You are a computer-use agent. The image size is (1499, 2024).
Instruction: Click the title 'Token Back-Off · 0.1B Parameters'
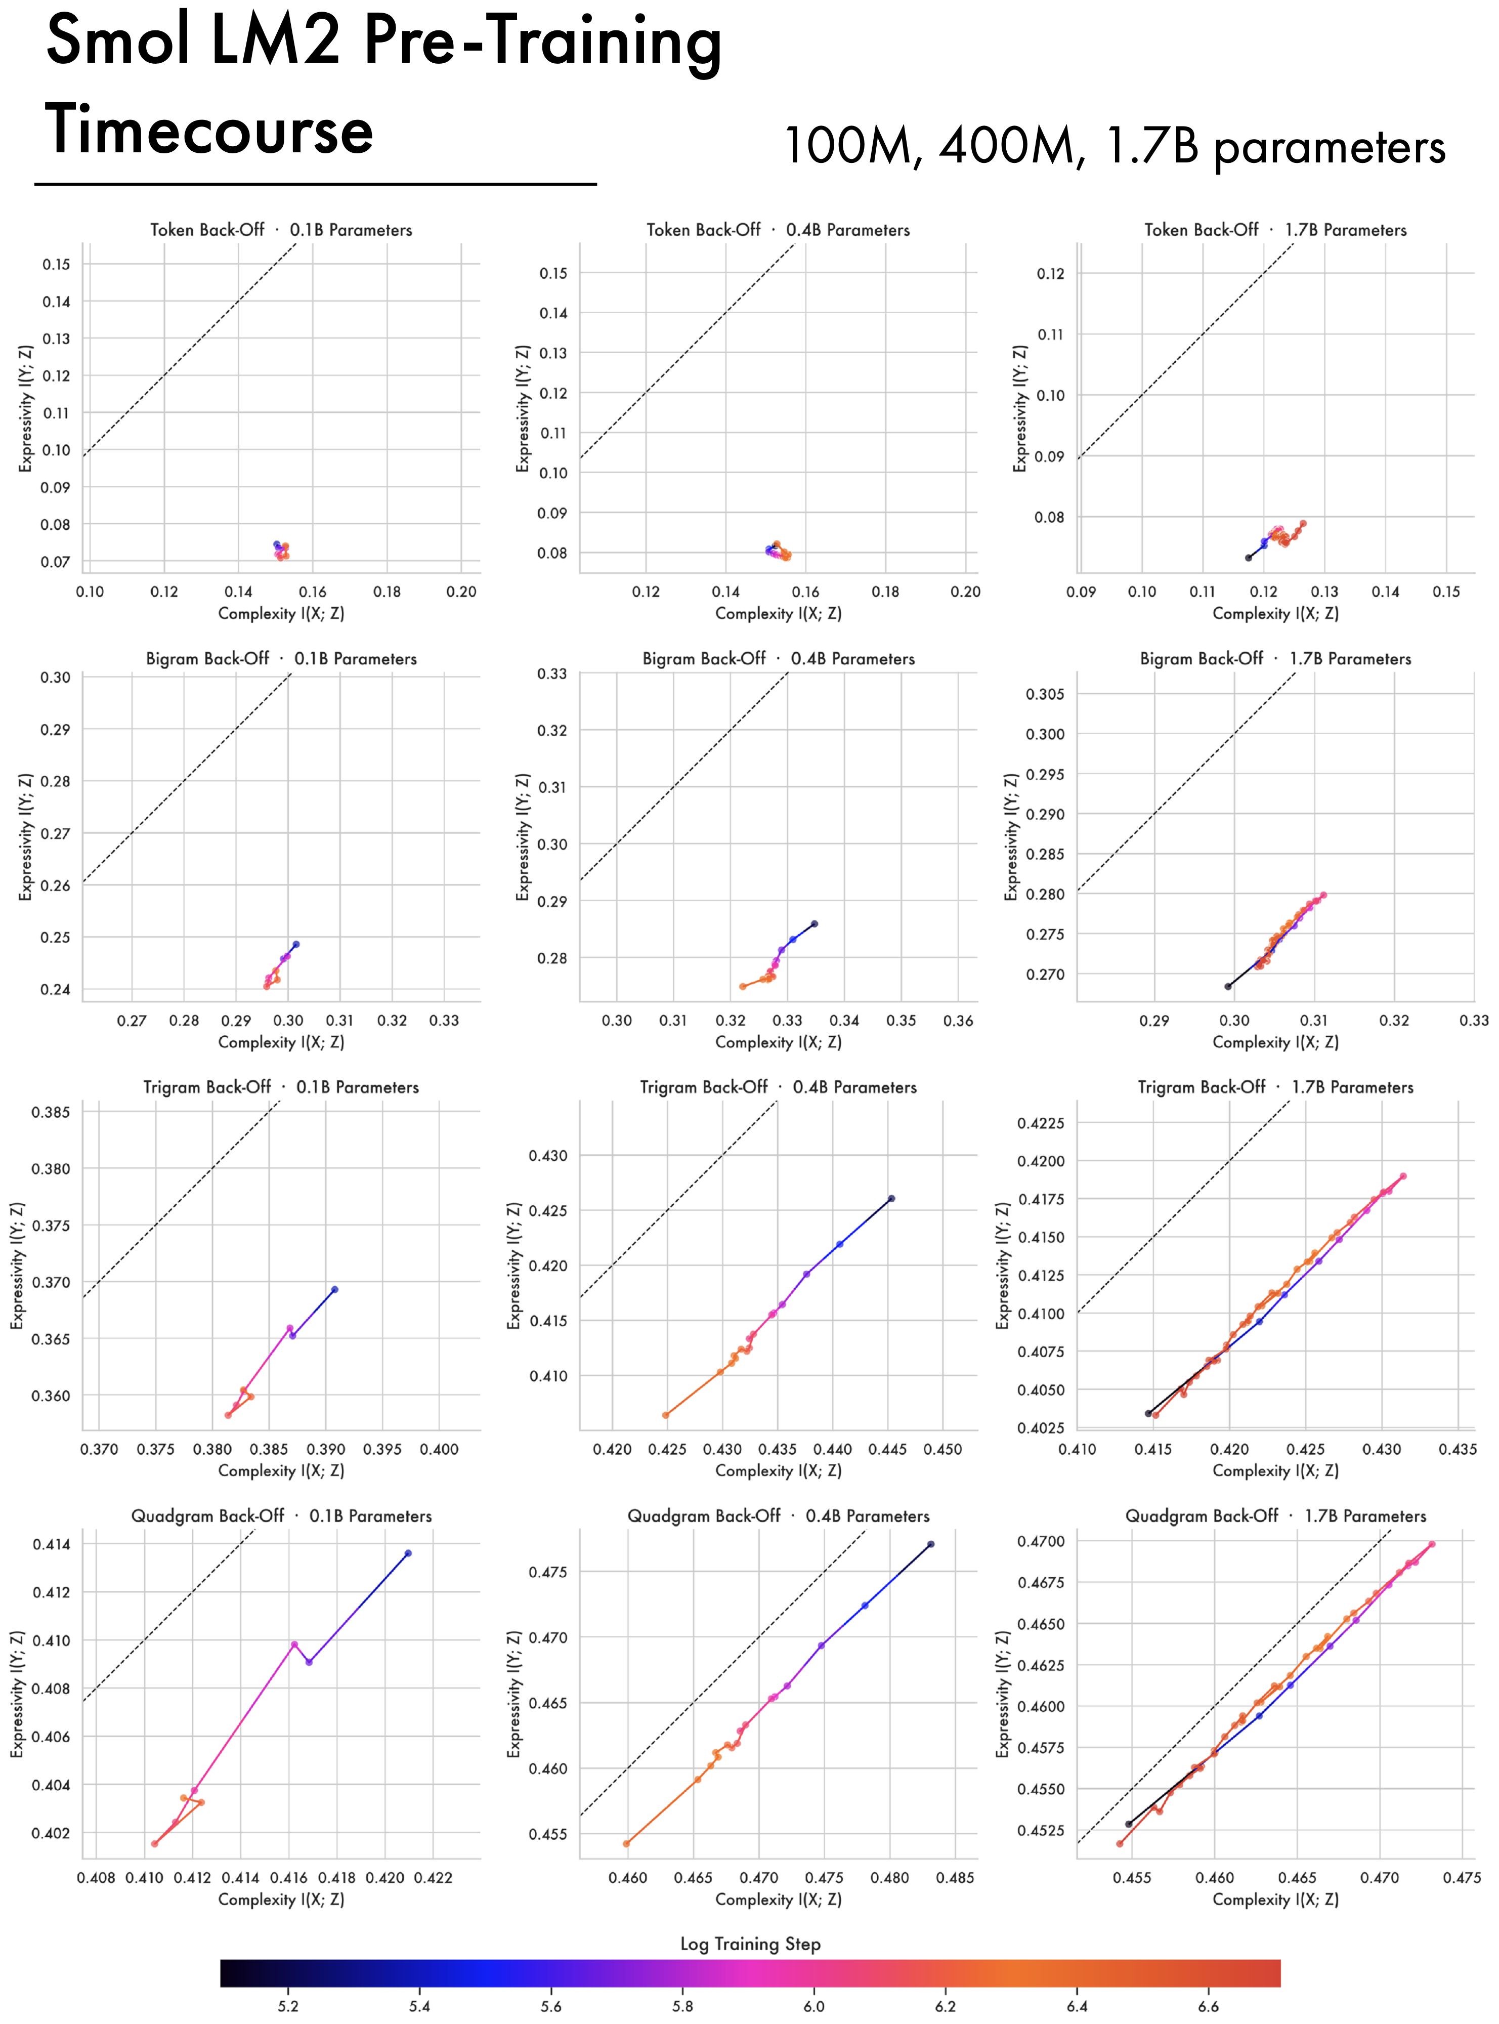tap(281, 230)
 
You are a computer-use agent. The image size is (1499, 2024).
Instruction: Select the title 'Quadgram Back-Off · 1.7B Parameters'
tap(1276, 1516)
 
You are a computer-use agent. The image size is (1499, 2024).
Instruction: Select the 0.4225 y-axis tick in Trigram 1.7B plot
tap(1041, 1123)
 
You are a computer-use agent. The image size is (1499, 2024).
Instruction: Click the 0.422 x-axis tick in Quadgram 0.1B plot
tap(433, 1877)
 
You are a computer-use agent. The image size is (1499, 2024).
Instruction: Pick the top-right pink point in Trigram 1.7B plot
tap(1403, 1176)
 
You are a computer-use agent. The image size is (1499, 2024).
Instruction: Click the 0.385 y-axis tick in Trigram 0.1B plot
tap(51, 1112)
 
